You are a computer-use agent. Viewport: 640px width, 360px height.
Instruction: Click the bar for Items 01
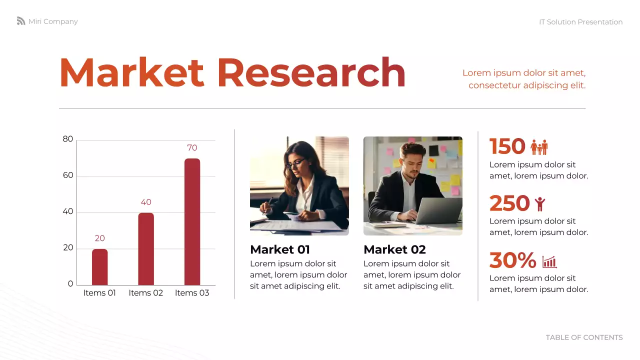(99, 267)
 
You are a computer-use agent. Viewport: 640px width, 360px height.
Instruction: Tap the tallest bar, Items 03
(192, 222)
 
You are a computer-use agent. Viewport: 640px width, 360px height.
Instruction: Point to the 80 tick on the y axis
(68, 139)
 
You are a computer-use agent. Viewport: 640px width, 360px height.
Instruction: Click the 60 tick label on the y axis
(68, 175)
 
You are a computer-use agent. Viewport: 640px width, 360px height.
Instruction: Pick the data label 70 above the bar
(192, 148)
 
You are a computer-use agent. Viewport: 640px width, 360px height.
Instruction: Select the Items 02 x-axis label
(146, 293)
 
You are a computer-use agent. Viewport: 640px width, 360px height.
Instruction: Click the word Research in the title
(310, 73)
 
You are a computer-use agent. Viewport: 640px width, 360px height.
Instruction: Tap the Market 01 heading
(280, 249)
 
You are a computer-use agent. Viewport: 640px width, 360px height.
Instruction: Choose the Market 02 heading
(394, 249)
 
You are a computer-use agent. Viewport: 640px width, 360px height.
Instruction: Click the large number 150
(507, 146)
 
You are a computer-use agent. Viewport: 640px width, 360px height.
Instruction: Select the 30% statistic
(512, 260)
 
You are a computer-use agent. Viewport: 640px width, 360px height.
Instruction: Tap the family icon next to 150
(539, 147)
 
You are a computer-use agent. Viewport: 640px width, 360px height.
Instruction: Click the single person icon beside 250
(539, 203)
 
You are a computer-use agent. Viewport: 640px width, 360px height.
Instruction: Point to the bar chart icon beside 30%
(549, 261)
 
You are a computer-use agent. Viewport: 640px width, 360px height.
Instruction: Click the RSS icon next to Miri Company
(21, 21)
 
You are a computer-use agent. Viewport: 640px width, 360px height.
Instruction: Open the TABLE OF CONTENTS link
(584, 337)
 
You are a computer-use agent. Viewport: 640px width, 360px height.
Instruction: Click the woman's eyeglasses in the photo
(295, 162)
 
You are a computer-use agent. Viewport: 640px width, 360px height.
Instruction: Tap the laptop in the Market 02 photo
(438, 210)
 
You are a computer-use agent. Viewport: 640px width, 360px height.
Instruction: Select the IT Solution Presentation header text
(580, 22)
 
